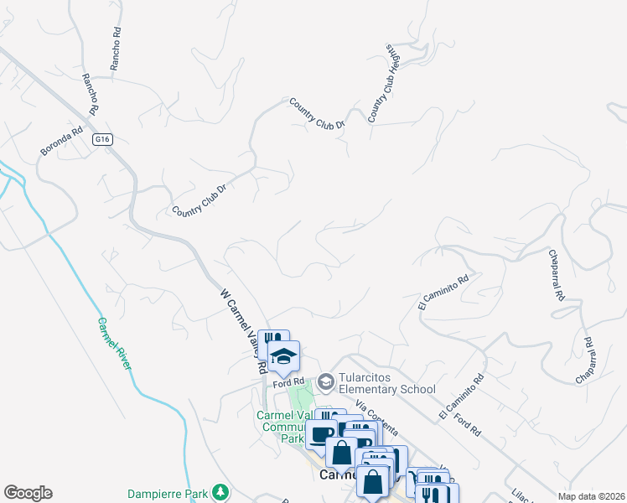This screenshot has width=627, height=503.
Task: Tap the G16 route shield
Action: click(102, 139)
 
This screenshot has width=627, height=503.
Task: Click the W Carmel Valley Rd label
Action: click(243, 330)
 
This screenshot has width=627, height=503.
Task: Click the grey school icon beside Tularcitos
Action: click(324, 382)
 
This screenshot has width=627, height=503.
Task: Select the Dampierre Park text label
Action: click(168, 492)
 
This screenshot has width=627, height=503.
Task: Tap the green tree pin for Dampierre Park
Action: click(220, 491)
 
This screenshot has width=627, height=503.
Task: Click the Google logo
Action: click(28, 493)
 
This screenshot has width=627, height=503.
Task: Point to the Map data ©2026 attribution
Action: click(591, 496)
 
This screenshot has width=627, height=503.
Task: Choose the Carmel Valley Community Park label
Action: click(281, 426)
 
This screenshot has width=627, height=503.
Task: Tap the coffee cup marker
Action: click(320, 433)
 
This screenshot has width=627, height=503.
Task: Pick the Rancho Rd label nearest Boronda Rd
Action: click(90, 93)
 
